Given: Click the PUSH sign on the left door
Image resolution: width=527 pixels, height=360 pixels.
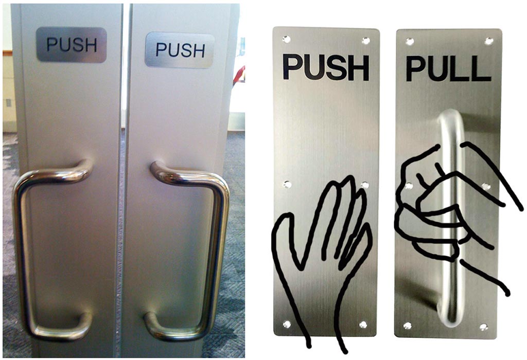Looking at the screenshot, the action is [71, 45].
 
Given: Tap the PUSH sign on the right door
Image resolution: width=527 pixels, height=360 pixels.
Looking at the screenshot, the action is [180, 50].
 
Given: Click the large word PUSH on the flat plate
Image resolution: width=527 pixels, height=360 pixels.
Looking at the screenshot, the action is [326, 68].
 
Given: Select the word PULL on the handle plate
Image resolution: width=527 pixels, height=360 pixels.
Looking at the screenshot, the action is [448, 69].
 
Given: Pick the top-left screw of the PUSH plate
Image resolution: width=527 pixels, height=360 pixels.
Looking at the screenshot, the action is [286, 39].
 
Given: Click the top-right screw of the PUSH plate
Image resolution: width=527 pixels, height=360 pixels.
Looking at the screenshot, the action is [366, 41].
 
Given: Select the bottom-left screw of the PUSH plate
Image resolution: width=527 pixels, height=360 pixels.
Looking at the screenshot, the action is [287, 324].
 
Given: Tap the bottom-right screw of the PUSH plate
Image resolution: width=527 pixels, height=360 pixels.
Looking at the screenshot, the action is [363, 325].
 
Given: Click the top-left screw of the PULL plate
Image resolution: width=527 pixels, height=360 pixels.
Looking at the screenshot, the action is [410, 42].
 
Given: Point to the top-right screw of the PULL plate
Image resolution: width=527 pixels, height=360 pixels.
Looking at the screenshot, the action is [489, 41].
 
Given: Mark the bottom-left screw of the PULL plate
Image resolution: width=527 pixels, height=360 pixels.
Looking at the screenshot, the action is [408, 326].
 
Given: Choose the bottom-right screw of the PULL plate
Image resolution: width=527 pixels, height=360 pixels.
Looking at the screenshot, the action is [484, 327].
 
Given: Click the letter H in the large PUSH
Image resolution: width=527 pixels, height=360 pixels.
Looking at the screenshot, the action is [359, 68].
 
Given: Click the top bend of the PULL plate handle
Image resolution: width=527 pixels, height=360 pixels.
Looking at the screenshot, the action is [451, 116].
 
